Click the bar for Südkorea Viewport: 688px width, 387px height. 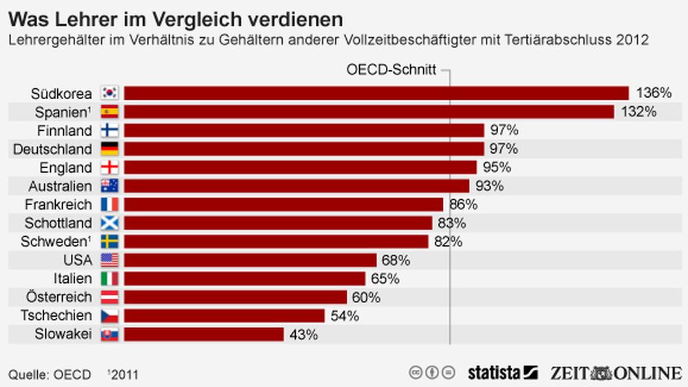pos(376,93)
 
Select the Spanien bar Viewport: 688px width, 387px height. pos(369,112)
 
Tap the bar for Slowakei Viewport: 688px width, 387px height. pos(204,334)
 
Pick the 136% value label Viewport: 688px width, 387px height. pos(652,93)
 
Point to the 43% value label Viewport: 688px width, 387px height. pos(303,335)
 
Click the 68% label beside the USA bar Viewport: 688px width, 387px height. pos(396,260)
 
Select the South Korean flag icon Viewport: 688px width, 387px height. pos(109,93)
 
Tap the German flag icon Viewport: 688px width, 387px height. pos(109,149)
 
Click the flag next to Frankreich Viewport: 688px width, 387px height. pos(109,205)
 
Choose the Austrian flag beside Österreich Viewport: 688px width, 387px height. pos(109,297)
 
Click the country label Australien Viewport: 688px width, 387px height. pos(60,186)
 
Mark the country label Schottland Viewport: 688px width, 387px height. pos(58,223)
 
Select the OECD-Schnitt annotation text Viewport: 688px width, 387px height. pos(389,70)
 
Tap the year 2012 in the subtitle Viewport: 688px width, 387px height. pos(633,40)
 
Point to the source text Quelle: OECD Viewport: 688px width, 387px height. pos(50,375)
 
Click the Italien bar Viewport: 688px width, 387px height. pos(244,279)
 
